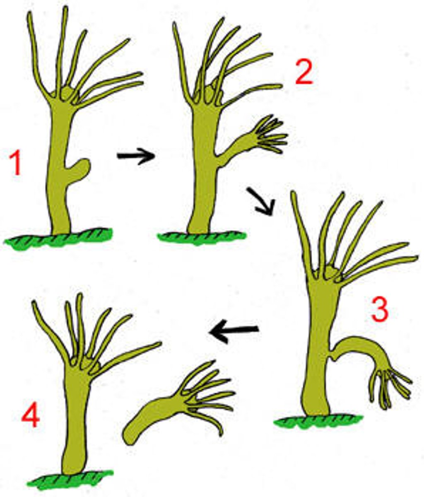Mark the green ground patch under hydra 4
pos(70,478)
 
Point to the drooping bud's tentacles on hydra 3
pos(389,385)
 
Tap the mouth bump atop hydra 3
pos(331,272)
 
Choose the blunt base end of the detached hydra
pos(132,435)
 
